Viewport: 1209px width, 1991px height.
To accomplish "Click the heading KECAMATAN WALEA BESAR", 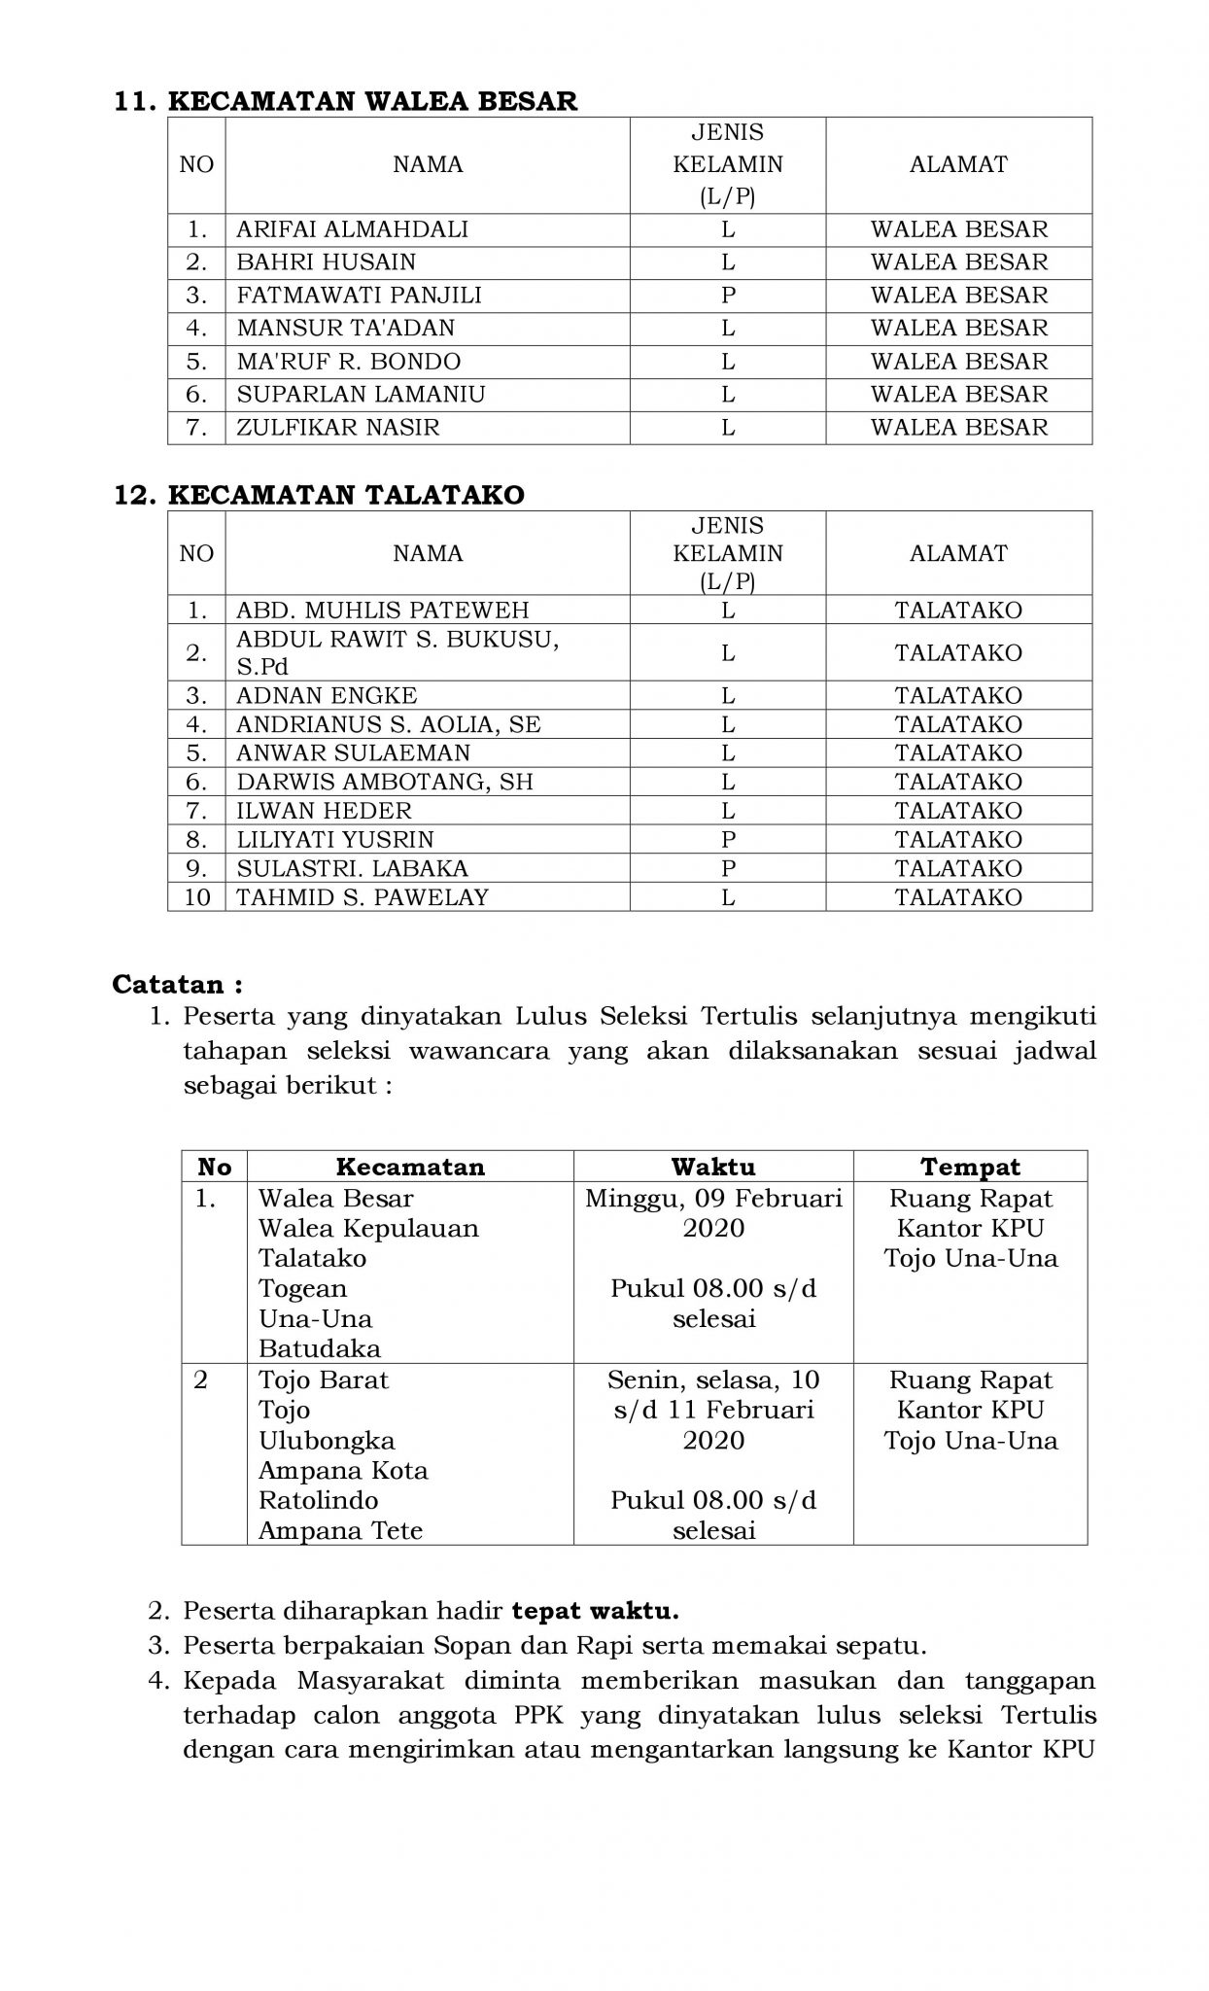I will [x=372, y=101].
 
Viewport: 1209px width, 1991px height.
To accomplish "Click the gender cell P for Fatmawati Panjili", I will [x=727, y=296].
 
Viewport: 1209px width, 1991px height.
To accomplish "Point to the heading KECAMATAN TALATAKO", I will [x=346, y=495].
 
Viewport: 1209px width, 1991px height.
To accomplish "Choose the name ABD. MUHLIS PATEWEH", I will [x=383, y=611].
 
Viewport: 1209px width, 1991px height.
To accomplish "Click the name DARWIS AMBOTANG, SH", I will [x=385, y=783].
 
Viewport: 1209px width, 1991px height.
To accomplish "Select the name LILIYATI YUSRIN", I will [x=335, y=840].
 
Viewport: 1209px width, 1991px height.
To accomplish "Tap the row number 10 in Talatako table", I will [x=196, y=897].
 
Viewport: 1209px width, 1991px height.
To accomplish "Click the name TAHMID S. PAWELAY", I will [x=363, y=897].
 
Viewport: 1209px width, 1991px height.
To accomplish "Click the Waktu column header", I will [x=712, y=1167].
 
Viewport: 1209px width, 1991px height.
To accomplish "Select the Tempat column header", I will [x=970, y=1167].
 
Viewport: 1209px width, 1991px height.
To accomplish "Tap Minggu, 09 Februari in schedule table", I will [x=713, y=1199].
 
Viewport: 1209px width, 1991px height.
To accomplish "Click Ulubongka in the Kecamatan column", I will [x=327, y=1441].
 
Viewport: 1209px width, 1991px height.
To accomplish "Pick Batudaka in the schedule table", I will [x=319, y=1349].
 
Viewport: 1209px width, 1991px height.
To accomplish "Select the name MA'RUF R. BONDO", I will [x=349, y=362].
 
